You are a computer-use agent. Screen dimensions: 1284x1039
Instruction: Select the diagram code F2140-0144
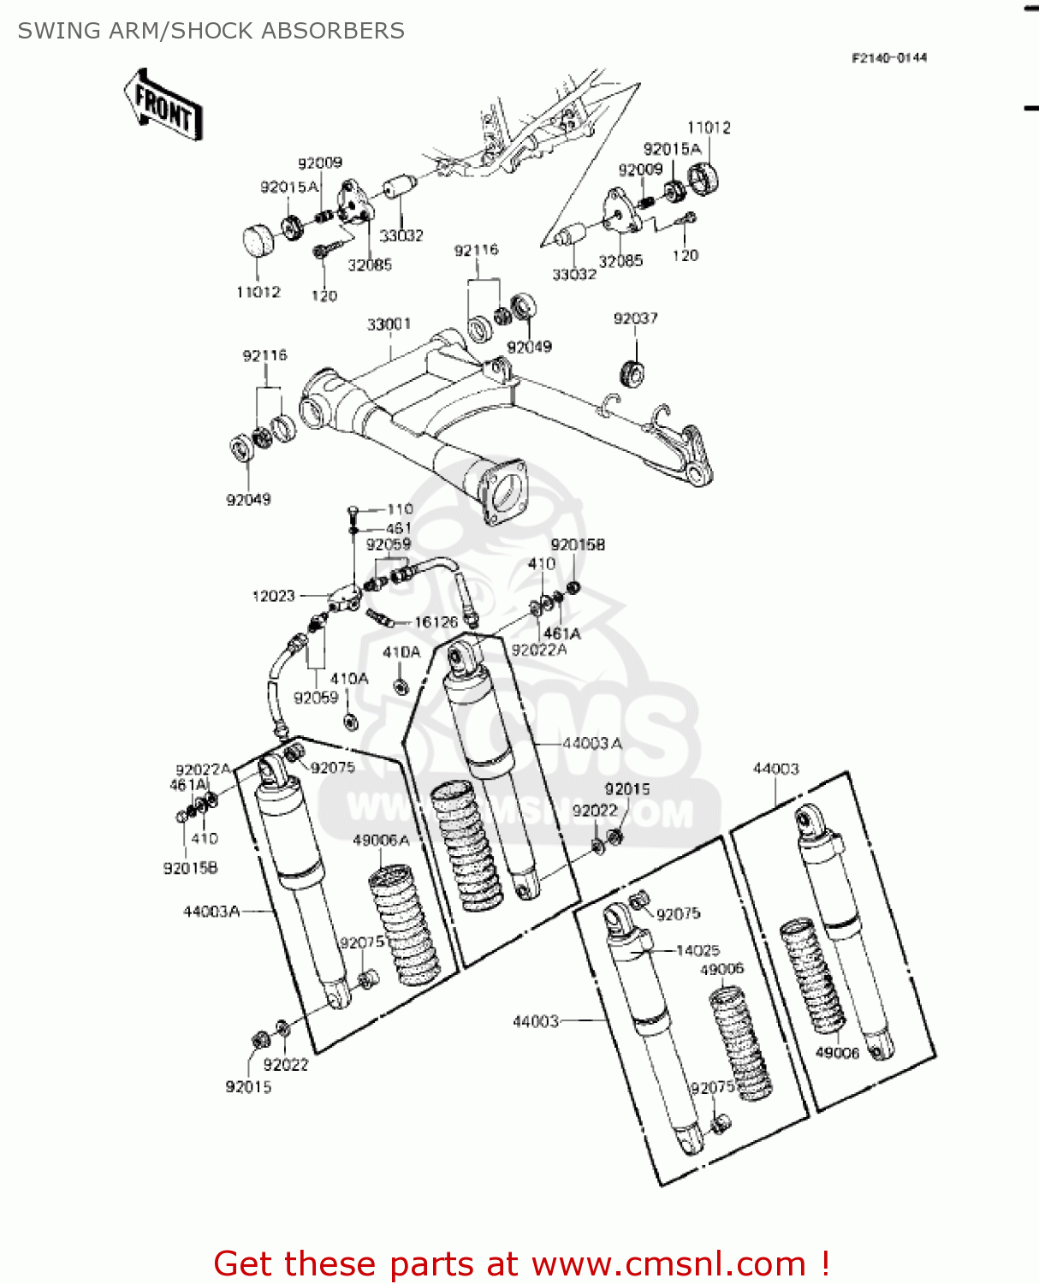888,58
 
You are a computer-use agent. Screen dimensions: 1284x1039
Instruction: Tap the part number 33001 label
389,324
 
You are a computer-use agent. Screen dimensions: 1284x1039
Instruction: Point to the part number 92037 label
635,318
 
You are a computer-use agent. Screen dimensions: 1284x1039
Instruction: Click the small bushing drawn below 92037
632,373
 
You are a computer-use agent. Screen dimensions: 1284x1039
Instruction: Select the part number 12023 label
273,596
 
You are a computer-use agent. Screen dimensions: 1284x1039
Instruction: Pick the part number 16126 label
436,622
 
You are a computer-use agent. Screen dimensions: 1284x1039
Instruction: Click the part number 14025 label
698,950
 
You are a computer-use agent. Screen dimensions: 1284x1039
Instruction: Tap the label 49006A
381,841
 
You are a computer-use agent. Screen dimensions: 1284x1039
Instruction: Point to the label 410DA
401,652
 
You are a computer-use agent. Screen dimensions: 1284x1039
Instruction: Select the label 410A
349,678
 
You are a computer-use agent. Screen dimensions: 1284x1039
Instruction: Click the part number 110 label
400,509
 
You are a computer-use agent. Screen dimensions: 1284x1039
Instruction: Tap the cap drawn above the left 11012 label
259,241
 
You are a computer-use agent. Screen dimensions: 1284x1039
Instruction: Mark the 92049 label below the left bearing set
248,500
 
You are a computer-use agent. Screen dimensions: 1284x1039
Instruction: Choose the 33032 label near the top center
401,235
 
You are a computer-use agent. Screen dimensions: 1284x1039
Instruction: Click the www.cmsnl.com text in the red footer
668,1263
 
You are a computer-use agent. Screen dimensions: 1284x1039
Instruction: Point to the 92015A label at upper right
672,149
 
